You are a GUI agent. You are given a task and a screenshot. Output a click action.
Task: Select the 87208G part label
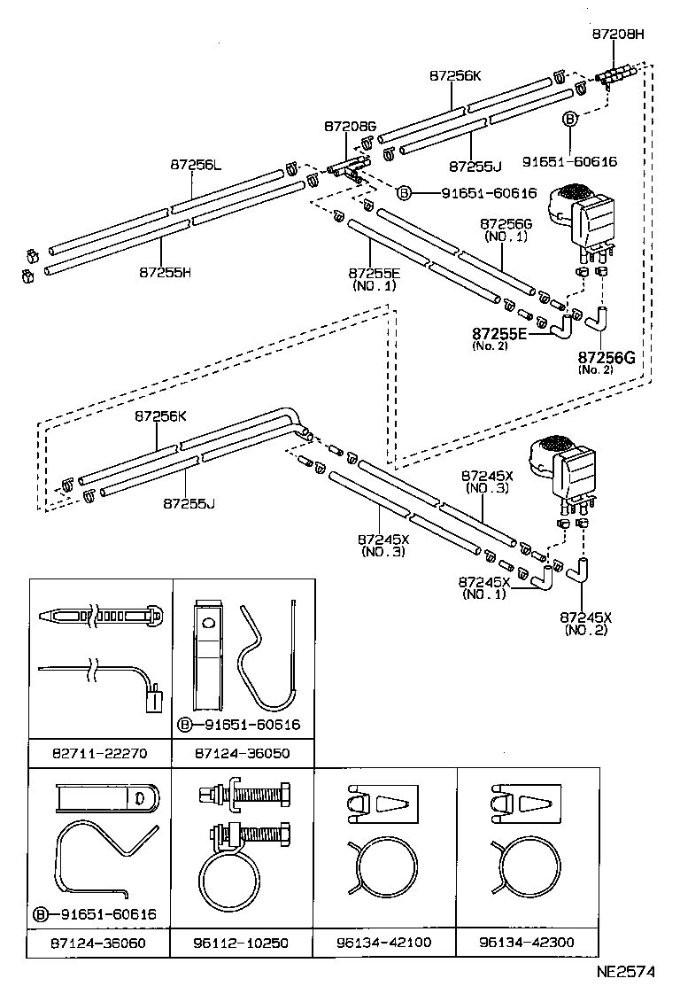(350, 128)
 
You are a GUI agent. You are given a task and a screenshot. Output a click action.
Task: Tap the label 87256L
(197, 164)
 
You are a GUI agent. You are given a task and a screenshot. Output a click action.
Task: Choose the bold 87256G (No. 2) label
(607, 357)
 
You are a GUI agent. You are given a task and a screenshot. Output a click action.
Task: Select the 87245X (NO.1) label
(483, 587)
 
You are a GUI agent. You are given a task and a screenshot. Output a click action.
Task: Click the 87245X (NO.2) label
(585, 622)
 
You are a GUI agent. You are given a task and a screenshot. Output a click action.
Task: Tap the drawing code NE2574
(624, 971)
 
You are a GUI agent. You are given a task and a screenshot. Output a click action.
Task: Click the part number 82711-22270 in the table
(100, 753)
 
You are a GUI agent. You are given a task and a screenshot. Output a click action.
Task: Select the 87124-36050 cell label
(243, 753)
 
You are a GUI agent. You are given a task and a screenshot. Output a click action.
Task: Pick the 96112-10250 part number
(243, 943)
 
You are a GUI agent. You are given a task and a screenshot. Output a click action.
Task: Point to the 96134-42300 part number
(527, 942)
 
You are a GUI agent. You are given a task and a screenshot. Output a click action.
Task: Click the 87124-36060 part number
(100, 943)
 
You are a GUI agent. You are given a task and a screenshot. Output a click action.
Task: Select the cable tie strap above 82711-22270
(100, 613)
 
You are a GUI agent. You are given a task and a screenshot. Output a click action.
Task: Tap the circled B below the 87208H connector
(570, 118)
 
